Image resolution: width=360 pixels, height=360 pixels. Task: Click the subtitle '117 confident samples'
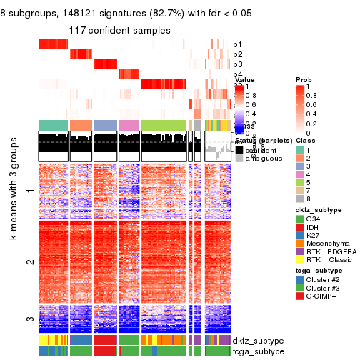(x=119, y=31)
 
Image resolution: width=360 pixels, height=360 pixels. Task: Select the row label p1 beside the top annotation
(x=237, y=45)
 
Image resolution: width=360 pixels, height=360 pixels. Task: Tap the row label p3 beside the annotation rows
(x=237, y=65)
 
